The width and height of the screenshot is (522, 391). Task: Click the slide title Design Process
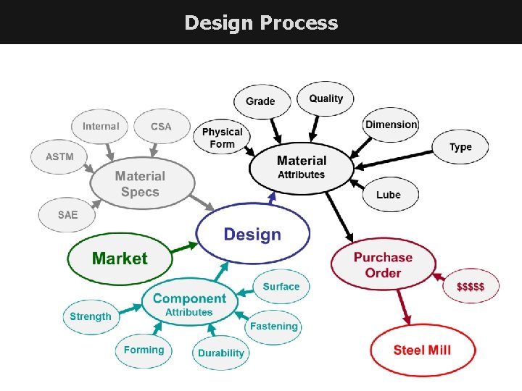pos(261,22)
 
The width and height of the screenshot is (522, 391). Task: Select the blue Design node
pos(252,234)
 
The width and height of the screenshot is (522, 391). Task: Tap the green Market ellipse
pos(120,258)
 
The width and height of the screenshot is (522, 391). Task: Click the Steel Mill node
pos(422,350)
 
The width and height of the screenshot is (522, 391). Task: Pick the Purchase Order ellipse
pos(383,265)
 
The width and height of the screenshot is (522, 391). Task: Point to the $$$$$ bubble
pos(471,286)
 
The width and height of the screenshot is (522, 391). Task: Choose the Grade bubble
pos(260,101)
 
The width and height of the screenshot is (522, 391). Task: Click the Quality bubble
pos(326,98)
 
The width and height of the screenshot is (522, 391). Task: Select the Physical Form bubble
pos(222,138)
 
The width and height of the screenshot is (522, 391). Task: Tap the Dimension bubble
pos(391,125)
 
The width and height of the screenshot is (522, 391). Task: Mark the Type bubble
pos(460,147)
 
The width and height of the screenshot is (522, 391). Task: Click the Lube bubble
pos(389,195)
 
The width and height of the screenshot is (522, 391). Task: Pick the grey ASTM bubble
pos(59,156)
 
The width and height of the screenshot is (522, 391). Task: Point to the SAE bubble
pos(67,214)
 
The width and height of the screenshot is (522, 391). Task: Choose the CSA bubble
pos(161,127)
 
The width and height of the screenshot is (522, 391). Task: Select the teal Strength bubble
pos(91,316)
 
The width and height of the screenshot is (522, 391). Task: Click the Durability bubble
pos(221,353)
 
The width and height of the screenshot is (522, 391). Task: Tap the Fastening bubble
pos(273,326)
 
